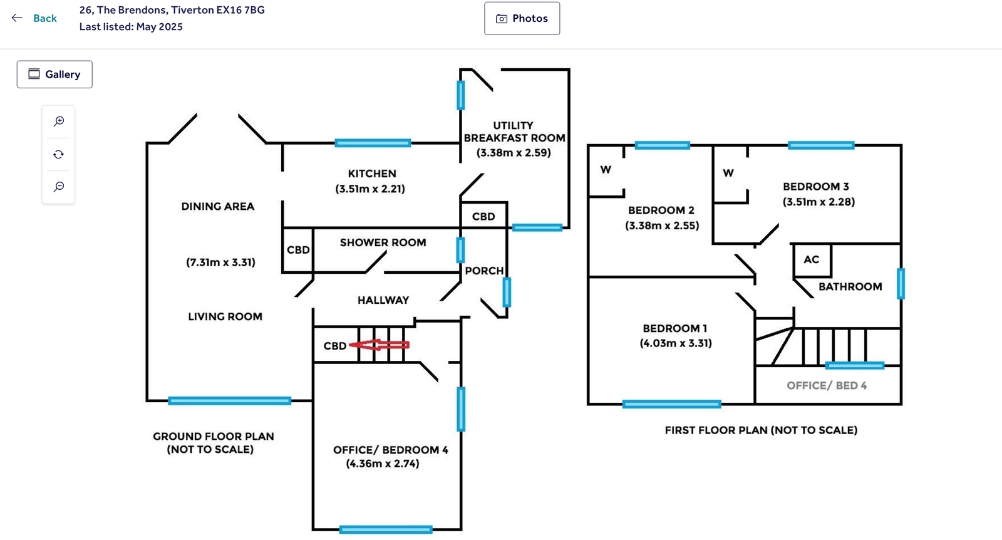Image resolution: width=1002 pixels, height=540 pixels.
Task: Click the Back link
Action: [35, 18]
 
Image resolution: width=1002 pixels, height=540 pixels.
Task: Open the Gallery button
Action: [54, 75]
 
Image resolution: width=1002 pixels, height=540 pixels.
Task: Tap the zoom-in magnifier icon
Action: [59, 122]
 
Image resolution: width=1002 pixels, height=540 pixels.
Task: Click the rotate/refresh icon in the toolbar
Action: [59, 154]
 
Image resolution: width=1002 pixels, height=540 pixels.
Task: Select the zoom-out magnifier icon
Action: [59, 187]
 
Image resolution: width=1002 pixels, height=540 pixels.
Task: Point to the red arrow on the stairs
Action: [380, 345]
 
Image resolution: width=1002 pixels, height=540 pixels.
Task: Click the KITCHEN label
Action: [372, 174]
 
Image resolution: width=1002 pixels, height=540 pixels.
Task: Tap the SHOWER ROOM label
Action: [383, 242]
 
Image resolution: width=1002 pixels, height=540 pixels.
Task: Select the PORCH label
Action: [484, 271]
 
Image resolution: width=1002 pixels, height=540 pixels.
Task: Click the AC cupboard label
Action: [812, 259]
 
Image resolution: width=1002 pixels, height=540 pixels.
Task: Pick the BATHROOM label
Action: [850, 286]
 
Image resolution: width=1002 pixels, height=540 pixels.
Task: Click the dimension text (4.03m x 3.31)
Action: [676, 343]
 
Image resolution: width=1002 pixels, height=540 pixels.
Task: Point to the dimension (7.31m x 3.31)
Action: [220, 262]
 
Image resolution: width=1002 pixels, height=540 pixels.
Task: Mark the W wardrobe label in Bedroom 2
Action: [606, 170]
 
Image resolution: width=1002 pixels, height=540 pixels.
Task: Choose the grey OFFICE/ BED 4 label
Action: [827, 385]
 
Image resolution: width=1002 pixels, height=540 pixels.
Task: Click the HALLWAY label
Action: [383, 300]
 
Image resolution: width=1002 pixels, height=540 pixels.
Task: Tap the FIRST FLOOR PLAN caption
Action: [761, 430]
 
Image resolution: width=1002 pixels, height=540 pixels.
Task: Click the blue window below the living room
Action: [230, 401]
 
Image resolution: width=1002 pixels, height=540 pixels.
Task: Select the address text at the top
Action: [172, 10]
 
